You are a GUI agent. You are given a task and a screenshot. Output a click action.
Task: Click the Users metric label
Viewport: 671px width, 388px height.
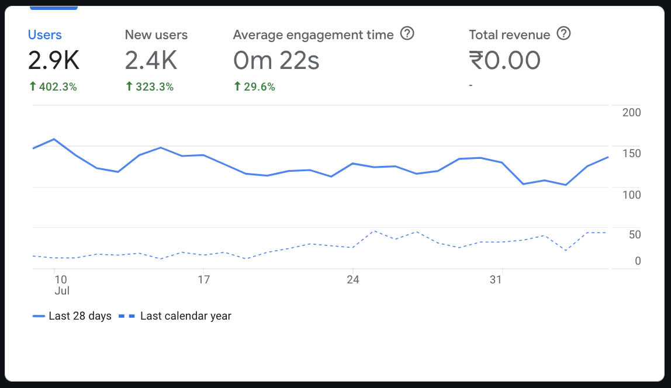coord(45,34)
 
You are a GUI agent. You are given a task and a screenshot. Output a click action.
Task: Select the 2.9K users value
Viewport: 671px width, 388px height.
coord(53,60)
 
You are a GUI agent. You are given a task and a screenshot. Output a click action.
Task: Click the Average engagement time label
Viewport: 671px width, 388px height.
coord(313,34)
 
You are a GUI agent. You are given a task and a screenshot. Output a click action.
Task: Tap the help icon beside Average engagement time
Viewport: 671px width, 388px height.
coord(407,34)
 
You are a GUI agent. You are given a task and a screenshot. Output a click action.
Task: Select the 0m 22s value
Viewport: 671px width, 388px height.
coord(276,60)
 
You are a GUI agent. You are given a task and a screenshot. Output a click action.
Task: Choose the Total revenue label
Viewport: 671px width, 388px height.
coord(510,34)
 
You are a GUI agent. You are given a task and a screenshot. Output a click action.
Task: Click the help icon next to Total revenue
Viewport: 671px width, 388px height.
coord(563,34)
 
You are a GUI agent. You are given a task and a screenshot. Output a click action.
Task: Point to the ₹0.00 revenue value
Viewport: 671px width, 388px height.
coord(505,60)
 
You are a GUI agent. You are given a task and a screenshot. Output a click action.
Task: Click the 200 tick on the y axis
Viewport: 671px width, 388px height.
coord(631,112)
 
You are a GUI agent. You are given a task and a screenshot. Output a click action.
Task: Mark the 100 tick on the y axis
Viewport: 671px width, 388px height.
coord(631,195)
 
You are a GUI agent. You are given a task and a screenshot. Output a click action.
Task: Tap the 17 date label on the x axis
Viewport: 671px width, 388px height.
coord(203,280)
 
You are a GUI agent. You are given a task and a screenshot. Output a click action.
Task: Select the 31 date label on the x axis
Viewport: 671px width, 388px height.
coord(496,280)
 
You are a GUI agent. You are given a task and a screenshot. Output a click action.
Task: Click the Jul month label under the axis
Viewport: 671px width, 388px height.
coord(62,290)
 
